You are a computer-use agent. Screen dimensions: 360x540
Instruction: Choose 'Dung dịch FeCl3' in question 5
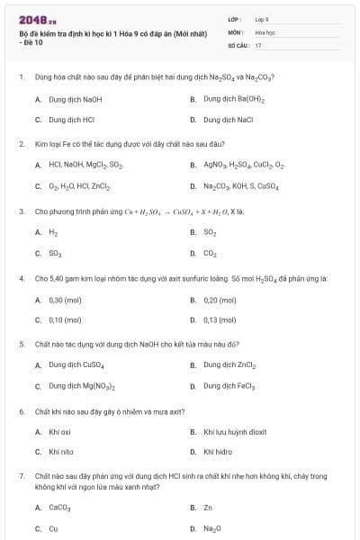coord(229,386)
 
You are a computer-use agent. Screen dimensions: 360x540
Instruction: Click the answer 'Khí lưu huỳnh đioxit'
coord(234,432)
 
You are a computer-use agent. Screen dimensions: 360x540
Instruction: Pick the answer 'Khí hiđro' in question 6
coord(219,452)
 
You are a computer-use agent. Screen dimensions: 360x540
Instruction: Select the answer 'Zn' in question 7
coord(208,508)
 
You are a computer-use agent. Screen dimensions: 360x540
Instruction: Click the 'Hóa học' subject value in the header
coord(265,31)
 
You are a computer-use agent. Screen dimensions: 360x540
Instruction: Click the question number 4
coord(22,279)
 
